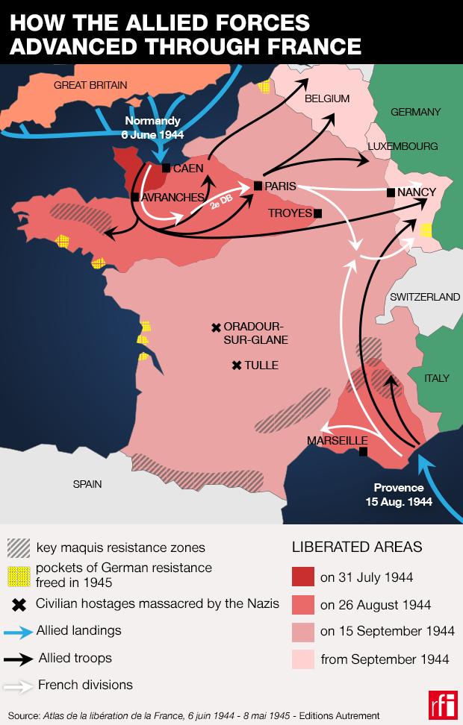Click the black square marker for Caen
point(166,169)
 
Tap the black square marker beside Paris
point(258,185)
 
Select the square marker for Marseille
point(363,452)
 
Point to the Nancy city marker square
point(391,192)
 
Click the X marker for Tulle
point(237,365)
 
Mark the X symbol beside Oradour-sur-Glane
point(216,327)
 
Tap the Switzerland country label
point(425,297)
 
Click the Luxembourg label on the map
point(403,146)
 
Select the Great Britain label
point(90,85)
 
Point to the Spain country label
point(87,484)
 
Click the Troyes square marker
point(318,213)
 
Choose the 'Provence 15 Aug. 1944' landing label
point(403,495)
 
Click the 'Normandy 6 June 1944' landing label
point(152,128)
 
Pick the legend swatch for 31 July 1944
point(303,577)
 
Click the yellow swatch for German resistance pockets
point(19,574)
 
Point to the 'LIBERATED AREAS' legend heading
point(356,547)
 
